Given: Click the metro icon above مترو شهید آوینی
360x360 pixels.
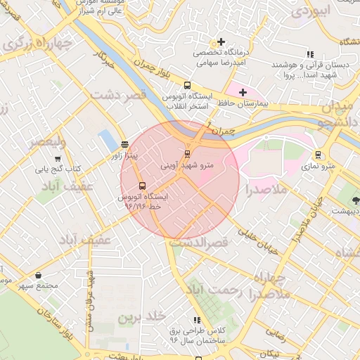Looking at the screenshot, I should tap(187, 153).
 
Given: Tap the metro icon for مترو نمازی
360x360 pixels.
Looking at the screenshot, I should tap(319, 154).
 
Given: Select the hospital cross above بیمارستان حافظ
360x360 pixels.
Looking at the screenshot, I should tap(243, 92).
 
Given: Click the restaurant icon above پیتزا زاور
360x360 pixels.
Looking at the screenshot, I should tap(124, 143).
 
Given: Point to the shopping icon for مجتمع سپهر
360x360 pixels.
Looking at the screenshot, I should tap(37, 275).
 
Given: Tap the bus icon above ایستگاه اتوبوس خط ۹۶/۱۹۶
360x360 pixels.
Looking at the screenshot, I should tap(143, 186).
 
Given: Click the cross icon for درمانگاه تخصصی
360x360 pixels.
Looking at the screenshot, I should tap(221, 42).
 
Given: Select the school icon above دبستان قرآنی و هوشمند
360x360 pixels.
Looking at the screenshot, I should tap(309, 54).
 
